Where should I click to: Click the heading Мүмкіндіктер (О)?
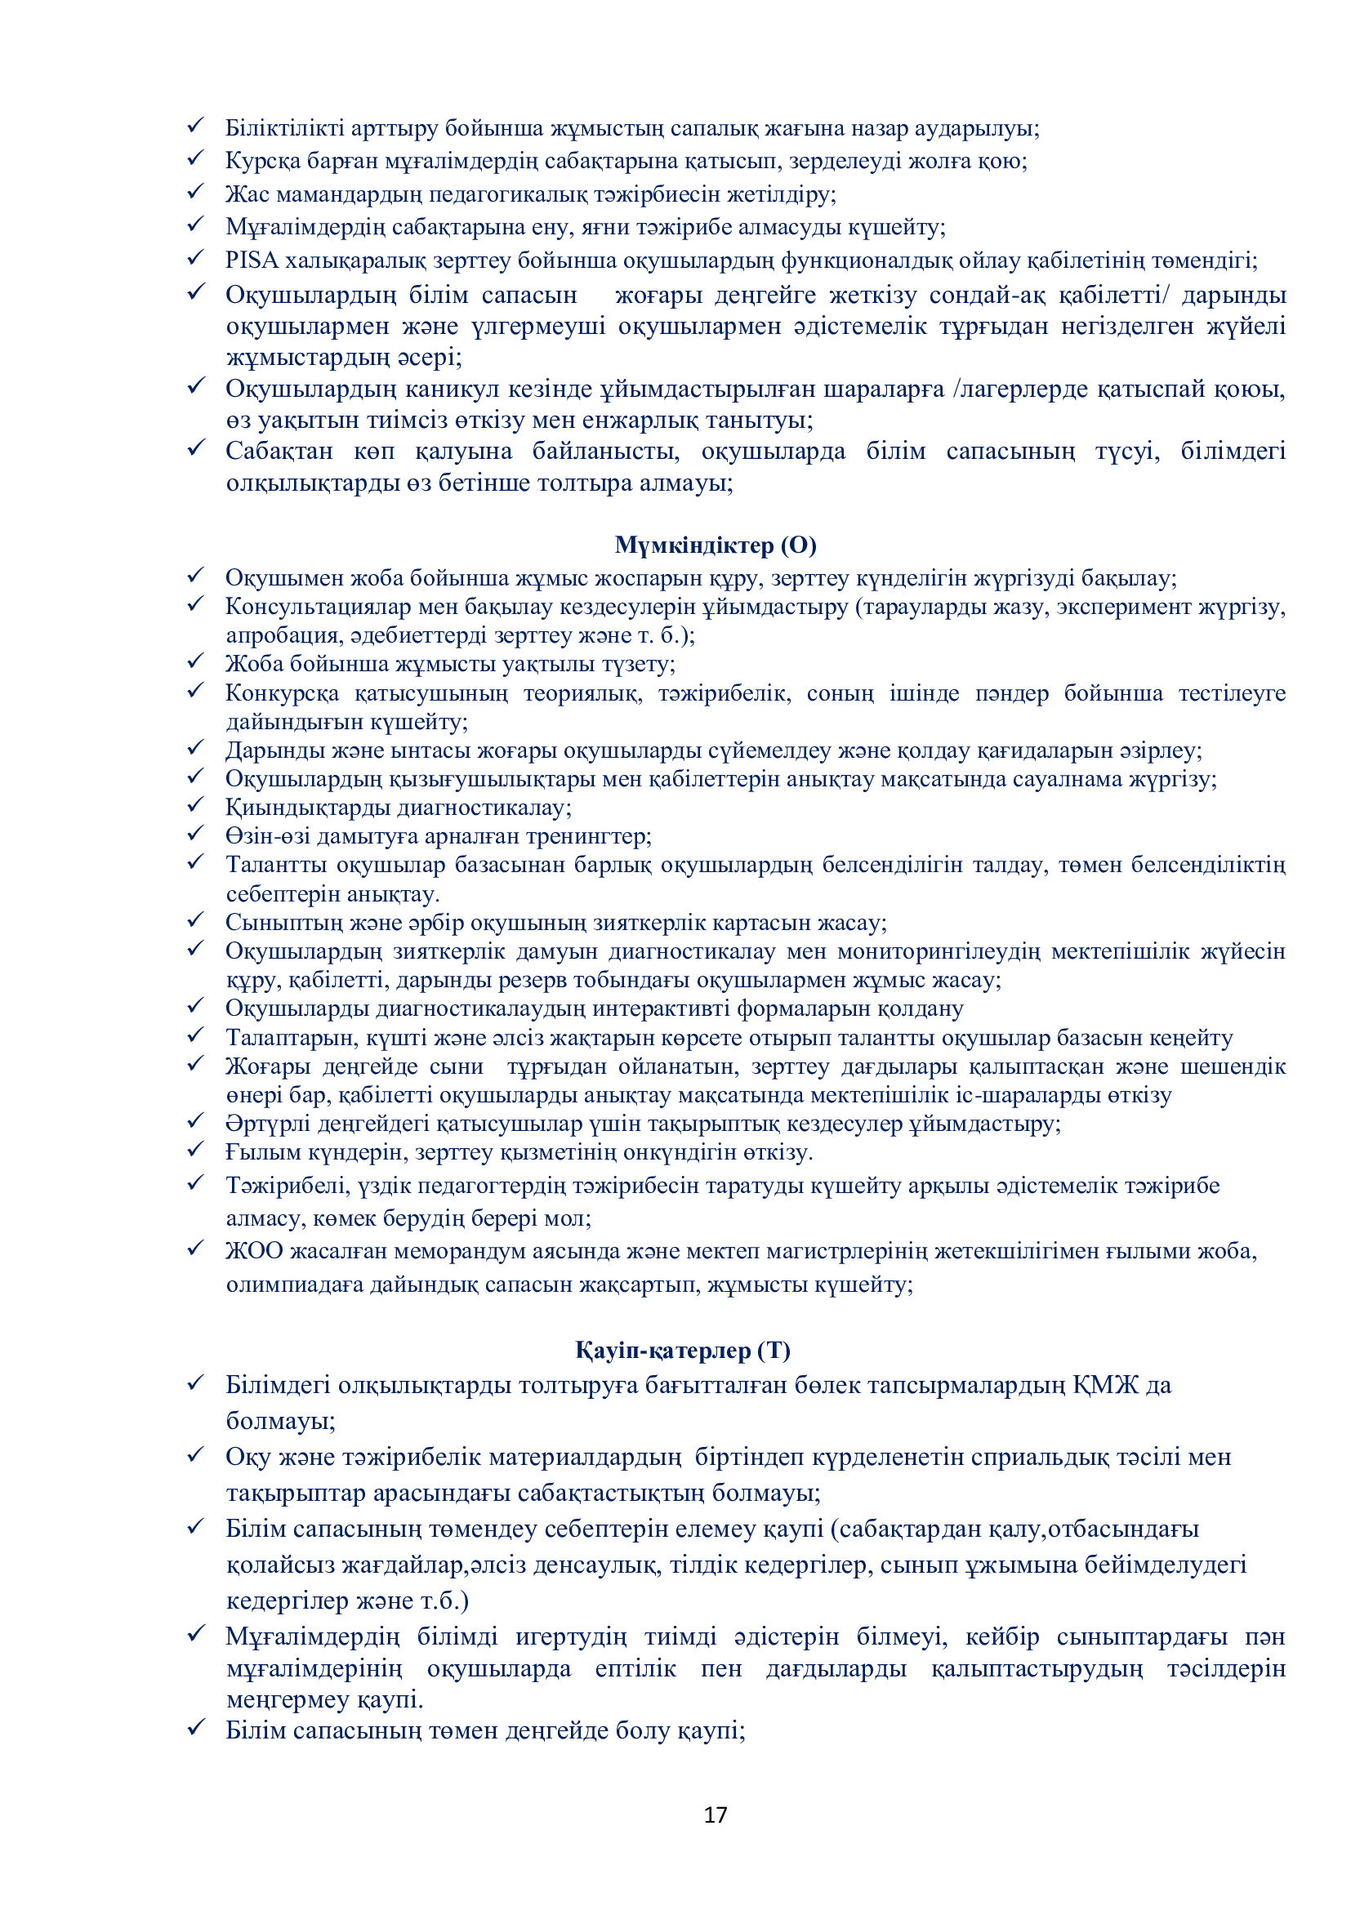(x=716, y=545)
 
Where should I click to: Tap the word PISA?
(x=252, y=260)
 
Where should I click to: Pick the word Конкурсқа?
(x=282, y=693)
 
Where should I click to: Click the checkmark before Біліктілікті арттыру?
(x=196, y=126)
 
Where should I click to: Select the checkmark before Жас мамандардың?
(x=196, y=192)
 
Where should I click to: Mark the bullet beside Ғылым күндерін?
(x=196, y=1151)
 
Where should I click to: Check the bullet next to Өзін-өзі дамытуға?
(x=196, y=835)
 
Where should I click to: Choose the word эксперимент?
(x=1123, y=608)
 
